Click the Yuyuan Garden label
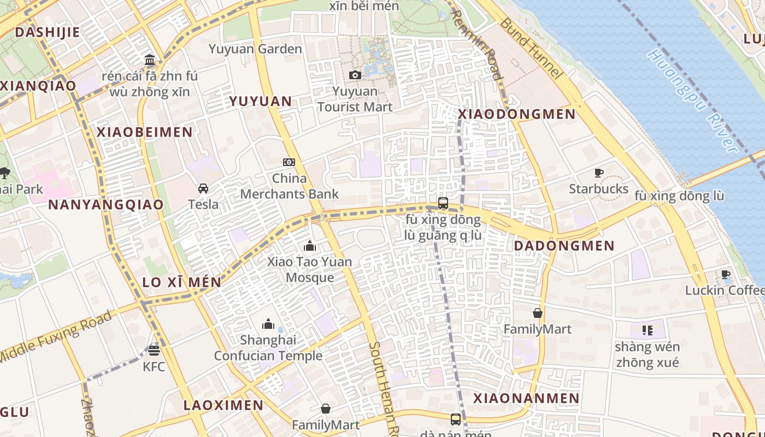click(255, 49)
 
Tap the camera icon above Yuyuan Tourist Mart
click(355, 75)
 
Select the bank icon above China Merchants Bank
click(289, 162)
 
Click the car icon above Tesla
click(203, 188)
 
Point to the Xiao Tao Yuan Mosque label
click(310, 269)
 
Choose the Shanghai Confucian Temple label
click(268, 348)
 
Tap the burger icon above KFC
click(154, 350)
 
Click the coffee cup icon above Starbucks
click(599, 173)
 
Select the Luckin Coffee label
click(725, 290)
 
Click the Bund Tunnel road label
click(530, 48)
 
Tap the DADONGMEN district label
click(564, 246)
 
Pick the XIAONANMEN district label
click(526, 398)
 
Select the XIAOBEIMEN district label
click(145, 132)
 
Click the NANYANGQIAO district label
click(106, 205)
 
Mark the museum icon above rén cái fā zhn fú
click(150, 60)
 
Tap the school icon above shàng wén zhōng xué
click(648, 330)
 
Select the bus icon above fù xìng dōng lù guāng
click(443, 204)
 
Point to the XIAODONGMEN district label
click(516, 114)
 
